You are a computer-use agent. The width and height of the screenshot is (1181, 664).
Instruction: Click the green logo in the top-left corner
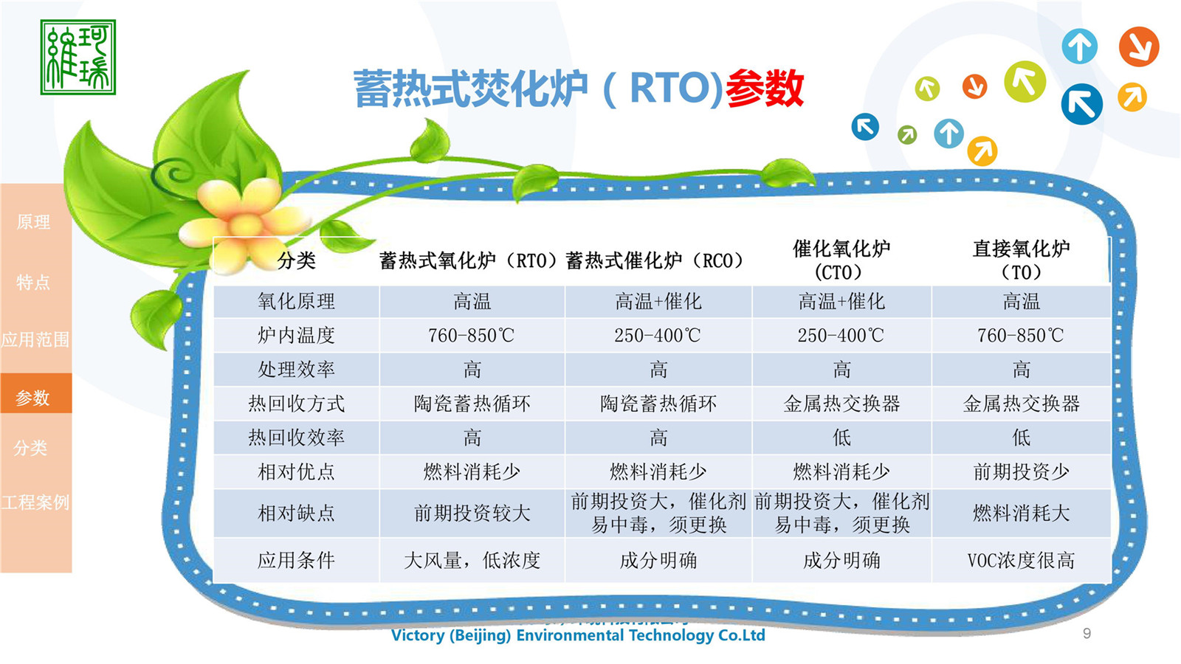point(78,57)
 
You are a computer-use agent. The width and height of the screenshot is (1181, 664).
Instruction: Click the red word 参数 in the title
point(764,89)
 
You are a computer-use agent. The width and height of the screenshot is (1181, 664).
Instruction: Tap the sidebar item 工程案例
point(35,502)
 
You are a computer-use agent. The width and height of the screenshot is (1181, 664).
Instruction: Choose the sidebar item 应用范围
point(35,339)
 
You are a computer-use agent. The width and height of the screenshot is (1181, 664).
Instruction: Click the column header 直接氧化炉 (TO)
point(1021,260)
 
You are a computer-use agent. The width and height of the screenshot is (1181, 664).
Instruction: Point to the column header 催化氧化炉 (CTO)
point(841,260)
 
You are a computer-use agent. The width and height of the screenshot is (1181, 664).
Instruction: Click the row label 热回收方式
point(296,404)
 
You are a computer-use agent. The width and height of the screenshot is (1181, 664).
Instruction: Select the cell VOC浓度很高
point(1021,561)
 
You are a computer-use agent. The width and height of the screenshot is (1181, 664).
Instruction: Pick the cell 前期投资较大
point(472,513)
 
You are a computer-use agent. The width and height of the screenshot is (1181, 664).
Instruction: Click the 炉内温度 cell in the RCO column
point(658,336)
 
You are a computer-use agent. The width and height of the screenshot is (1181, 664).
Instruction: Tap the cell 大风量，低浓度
point(472,561)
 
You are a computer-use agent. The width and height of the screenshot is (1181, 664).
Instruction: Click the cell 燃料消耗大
point(1021,513)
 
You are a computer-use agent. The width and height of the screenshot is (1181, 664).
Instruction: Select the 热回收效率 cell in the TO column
point(1021,438)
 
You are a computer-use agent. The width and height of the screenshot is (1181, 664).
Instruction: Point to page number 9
point(1087,633)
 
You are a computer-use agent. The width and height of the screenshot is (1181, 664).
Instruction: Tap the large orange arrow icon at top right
point(1138,46)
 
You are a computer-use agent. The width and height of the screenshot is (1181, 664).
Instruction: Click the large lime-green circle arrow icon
point(1025,81)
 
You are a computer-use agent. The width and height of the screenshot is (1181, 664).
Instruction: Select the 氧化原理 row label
point(296,301)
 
